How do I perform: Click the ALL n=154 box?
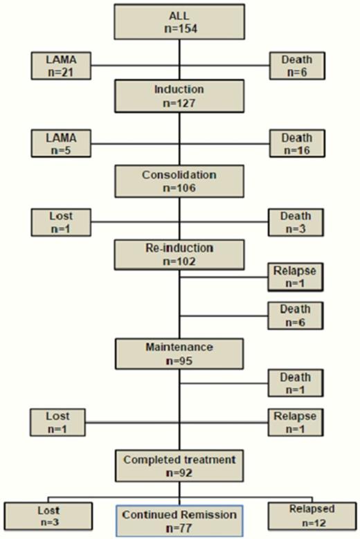179,23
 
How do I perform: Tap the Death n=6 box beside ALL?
296,66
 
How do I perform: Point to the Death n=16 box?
296,143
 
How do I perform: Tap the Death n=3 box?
296,222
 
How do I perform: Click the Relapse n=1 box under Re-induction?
296,277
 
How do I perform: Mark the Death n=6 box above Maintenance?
296,316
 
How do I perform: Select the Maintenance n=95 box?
179,354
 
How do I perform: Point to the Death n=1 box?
296,383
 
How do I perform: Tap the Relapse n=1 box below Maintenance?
296,421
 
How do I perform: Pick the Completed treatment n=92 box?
179,464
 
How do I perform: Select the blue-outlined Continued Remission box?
179,520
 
